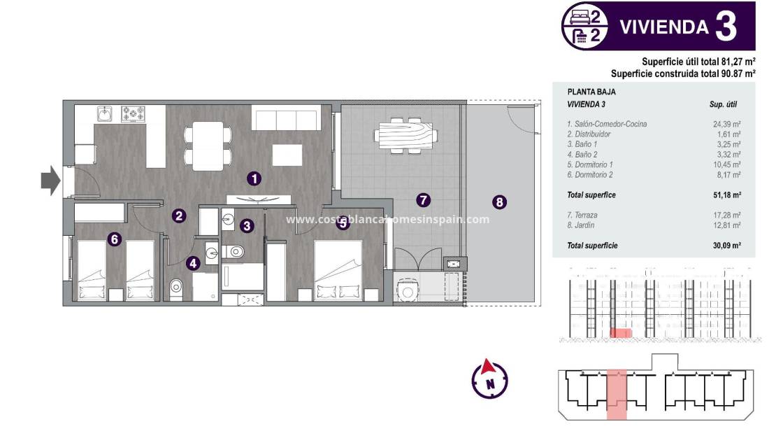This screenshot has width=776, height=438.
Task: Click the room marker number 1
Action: (x=255, y=178)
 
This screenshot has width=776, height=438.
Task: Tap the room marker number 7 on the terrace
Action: (x=423, y=200)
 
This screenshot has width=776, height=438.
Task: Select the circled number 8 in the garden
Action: (x=499, y=202)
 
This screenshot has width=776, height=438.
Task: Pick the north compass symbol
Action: (x=490, y=380)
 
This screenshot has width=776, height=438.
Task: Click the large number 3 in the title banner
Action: (x=726, y=27)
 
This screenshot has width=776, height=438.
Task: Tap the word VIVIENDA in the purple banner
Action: (x=664, y=27)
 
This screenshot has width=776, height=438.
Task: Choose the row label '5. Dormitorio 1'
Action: (x=595, y=164)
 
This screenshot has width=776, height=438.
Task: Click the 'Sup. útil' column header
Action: (x=723, y=104)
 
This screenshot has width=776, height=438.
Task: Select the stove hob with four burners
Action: (x=133, y=113)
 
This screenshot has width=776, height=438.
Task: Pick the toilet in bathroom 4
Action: (x=177, y=286)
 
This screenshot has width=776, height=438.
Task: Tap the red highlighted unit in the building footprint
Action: (x=617, y=395)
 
